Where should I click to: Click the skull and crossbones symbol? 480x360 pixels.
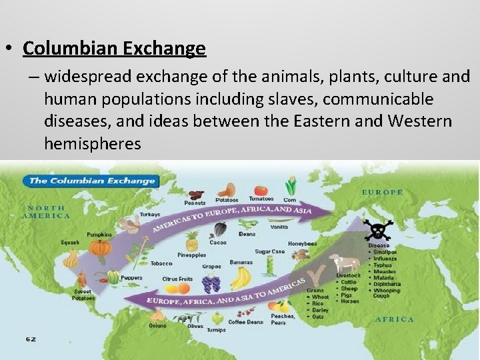[x=377, y=231]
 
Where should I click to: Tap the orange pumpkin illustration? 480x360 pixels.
[x=101, y=247]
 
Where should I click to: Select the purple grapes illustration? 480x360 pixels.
[x=211, y=283]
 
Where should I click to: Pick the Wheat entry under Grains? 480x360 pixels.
[x=321, y=297]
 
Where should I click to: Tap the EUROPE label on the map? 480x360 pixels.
[x=382, y=192]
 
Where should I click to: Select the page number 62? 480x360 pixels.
[x=31, y=339]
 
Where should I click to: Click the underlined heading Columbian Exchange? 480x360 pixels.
[x=114, y=49]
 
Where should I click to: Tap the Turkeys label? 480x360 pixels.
[x=149, y=215]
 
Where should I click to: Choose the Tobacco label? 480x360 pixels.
[x=162, y=263]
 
